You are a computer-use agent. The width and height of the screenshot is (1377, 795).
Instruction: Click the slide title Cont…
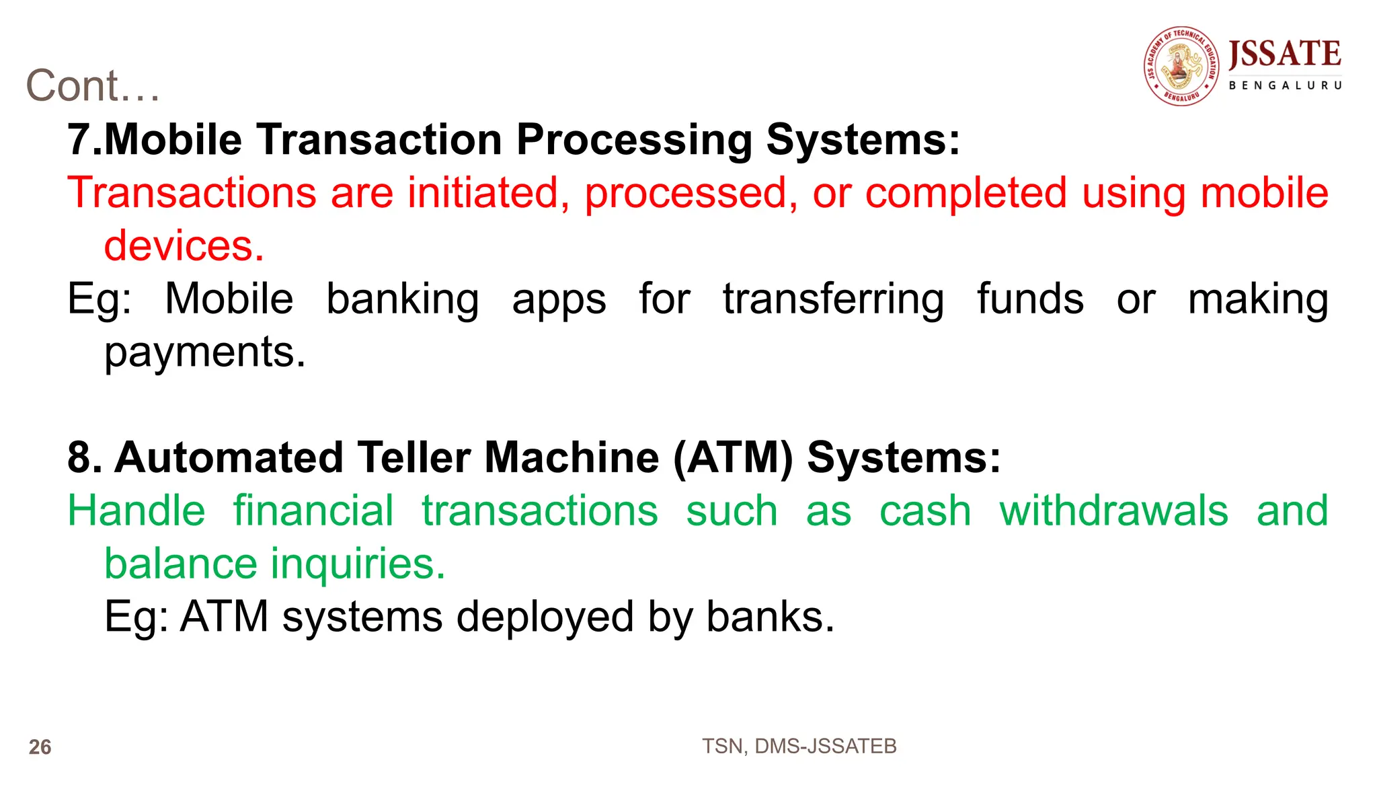[93, 86]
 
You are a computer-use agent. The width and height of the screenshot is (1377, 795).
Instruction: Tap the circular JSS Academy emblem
[1181, 66]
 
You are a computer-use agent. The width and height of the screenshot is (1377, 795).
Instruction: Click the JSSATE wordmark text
[1284, 54]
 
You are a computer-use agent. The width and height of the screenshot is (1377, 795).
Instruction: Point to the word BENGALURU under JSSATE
[1285, 85]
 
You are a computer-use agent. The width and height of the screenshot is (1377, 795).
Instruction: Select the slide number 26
[40, 747]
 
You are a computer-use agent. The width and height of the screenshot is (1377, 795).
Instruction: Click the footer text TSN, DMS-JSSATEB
[799, 747]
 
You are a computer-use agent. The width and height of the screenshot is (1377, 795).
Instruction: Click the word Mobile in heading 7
[173, 140]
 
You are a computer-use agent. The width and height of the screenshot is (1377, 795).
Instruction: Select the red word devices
[184, 245]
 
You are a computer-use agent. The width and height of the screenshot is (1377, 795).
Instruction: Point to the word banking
[403, 299]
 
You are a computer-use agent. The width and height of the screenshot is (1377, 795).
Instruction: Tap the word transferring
[833, 299]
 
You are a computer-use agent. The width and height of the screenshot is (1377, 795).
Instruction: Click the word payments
[204, 352]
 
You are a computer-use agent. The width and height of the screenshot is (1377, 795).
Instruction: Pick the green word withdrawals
[1114, 511]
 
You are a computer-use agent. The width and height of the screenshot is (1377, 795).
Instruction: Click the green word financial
[313, 511]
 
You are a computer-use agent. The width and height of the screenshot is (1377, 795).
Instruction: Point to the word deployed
[545, 617]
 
